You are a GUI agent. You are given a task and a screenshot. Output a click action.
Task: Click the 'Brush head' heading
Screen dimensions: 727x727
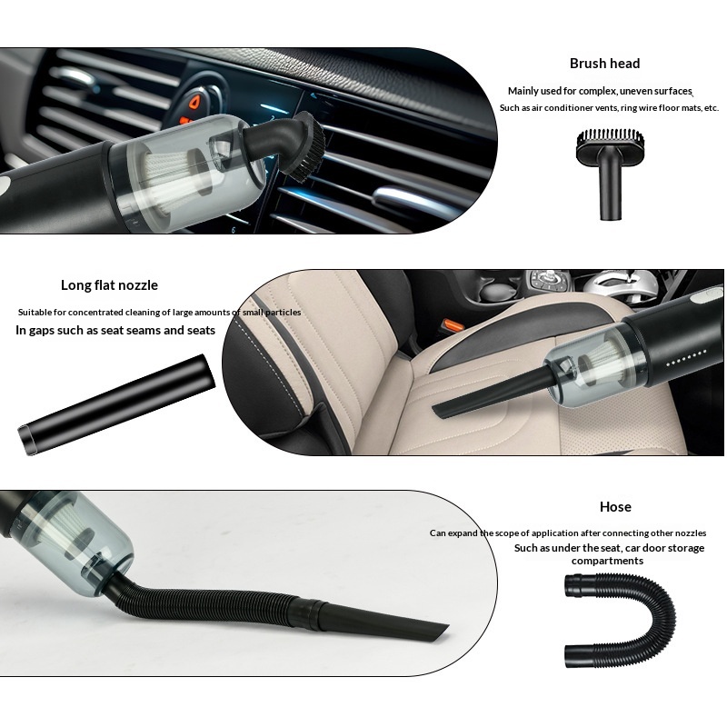[604, 64]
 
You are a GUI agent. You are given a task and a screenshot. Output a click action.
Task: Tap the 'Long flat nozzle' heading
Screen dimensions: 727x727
[109, 285]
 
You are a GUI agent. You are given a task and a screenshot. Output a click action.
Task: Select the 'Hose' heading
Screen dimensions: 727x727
[615, 507]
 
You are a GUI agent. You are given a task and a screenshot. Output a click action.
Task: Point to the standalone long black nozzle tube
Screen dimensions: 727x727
[116, 403]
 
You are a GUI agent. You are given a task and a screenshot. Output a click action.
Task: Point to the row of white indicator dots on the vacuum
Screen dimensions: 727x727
[686, 358]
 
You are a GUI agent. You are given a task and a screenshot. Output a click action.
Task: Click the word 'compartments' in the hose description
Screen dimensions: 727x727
[607, 561]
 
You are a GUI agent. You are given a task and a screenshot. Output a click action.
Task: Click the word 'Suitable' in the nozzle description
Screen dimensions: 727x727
[35, 312]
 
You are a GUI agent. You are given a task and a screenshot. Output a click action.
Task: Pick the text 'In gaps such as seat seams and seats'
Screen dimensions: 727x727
[115, 330]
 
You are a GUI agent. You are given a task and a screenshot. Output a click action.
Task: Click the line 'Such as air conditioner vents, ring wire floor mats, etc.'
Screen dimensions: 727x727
[609, 108]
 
